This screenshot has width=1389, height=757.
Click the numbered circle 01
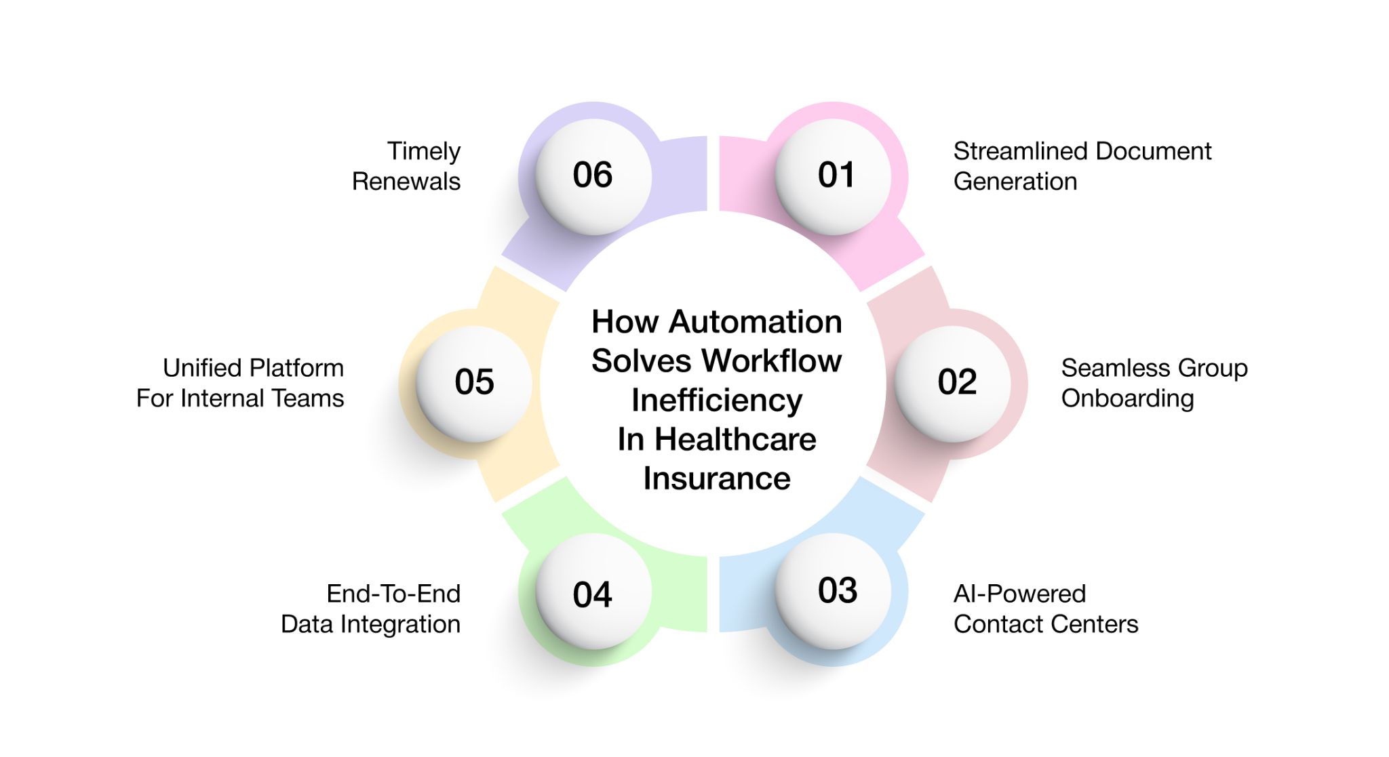[x=834, y=176]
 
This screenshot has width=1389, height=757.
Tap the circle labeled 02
[x=954, y=383]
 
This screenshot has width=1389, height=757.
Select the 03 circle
[x=834, y=591]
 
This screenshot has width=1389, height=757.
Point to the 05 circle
[x=474, y=383]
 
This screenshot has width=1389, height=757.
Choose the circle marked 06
[x=593, y=176]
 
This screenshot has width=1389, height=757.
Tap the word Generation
[x=1015, y=182]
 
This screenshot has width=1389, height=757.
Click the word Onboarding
[x=1127, y=398]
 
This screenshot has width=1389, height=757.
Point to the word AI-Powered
[x=1019, y=594]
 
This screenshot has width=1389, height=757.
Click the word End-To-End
[x=393, y=594]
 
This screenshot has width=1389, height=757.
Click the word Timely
[x=424, y=151]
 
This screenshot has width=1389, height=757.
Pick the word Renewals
[x=406, y=182]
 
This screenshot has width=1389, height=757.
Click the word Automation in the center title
[x=755, y=322]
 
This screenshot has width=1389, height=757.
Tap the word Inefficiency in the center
[x=717, y=401]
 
